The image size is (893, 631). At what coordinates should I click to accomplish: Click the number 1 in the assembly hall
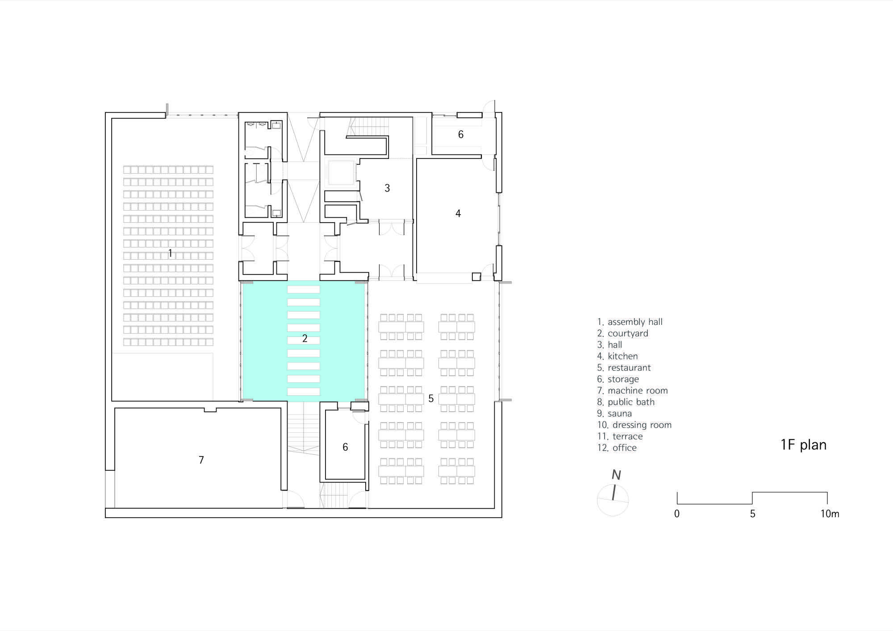click(x=170, y=253)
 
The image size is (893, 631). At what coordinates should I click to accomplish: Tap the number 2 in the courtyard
click(x=305, y=339)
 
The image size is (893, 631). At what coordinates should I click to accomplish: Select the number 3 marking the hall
click(x=387, y=188)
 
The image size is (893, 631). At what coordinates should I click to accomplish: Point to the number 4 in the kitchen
click(x=458, y=214)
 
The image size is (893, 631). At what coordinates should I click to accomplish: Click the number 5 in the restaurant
click(x=431, y=399)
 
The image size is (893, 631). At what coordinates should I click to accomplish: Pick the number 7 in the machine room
click(x=201, y=460)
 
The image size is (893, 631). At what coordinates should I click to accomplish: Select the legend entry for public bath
click(x=626, y=402)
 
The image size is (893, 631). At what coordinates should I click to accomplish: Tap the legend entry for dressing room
click(x=634, y=425)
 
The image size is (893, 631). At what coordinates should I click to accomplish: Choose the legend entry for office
click(x=617, y=448)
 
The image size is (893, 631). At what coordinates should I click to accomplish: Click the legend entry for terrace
click(x=620, y=436)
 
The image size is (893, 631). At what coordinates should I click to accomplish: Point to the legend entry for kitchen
click(x=618, y=356)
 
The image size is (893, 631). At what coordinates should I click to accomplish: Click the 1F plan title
click(x=804, y=445)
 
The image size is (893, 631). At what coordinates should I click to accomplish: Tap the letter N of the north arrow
click(x=616, y=475)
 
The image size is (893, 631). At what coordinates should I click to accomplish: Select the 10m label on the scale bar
click(x=830, y=514)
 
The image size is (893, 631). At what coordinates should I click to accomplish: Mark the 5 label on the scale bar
click(x=752, y=514)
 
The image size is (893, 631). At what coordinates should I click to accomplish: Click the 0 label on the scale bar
click(x=677, y=514)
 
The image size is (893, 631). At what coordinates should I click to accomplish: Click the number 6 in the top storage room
click(x=461, y=134)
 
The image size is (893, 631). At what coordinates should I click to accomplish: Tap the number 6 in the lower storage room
click(x=345, y=447)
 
